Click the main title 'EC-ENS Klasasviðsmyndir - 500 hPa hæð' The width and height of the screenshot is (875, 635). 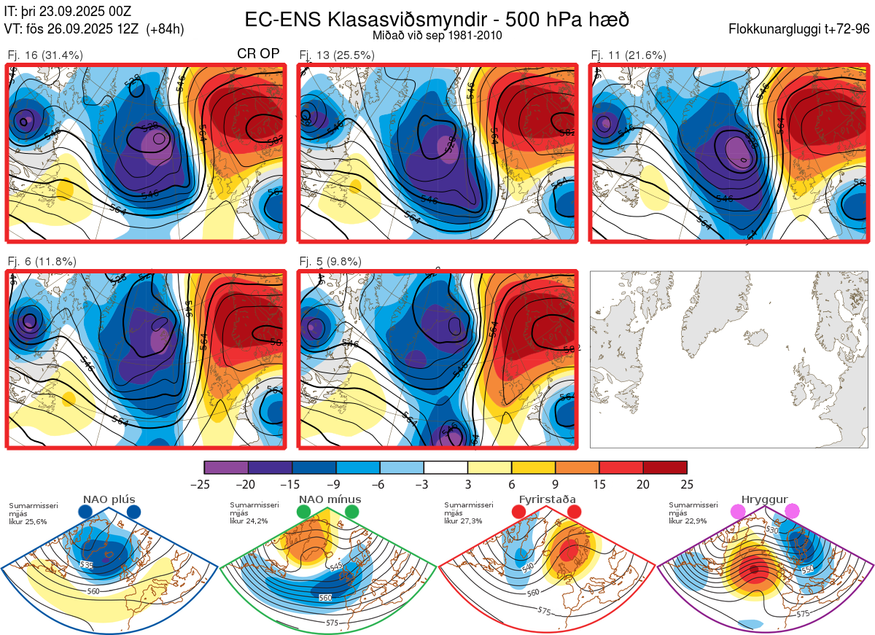tap(437, 19)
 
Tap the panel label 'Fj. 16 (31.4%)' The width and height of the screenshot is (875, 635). tap(45, 55)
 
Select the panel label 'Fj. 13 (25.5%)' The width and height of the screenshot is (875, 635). tap(337, 55)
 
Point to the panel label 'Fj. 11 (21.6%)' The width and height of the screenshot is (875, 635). tap(629, 55)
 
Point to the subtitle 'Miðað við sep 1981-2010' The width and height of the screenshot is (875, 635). tap(437, 35)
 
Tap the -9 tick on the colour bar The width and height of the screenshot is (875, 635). tap(336, 484)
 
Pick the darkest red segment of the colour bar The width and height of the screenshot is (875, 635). tap(665, 467)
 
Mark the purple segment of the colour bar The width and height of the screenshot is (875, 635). tap(226, 467)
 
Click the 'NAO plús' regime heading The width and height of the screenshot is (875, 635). tap(109, 500)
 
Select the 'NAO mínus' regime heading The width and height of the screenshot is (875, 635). tap(330, 500)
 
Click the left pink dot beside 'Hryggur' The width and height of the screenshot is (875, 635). tap(738, 512)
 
